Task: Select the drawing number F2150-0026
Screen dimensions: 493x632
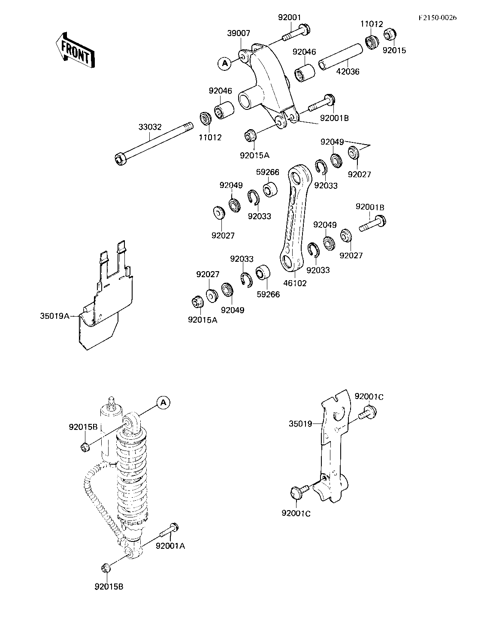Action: point(438,18)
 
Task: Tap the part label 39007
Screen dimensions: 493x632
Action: point(239,33)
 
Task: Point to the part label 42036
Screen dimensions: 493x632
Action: point(348,71)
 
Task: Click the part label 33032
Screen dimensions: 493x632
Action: point(150,127)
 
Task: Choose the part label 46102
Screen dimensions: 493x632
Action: point(295,283)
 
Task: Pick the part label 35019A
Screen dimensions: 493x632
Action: point(55,316)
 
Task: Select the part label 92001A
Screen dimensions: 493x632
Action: point(170,546)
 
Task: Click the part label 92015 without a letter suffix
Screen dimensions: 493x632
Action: point(394,50)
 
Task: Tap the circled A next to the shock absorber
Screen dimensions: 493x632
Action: point(163,402)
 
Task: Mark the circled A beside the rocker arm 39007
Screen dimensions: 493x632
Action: point(225,63)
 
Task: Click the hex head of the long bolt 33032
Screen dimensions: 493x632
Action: point(119,159)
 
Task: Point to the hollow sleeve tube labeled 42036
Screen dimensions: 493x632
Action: point(341,57)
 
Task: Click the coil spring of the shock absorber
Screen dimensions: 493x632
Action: point(131,479)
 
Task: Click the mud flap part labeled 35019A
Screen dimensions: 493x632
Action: point(105,295)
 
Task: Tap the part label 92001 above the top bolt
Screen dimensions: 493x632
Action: point(289,17)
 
